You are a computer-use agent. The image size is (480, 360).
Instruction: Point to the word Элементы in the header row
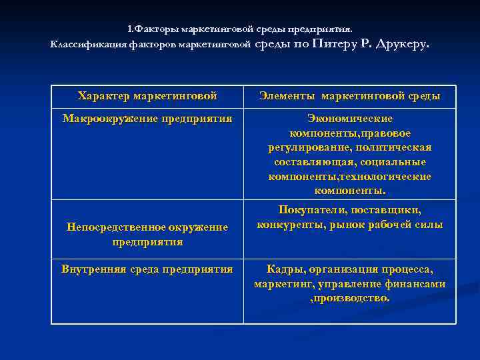(285, 96)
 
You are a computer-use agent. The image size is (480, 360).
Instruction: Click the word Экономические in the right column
(349, 119)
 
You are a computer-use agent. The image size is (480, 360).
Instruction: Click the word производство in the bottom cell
(352, 298)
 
